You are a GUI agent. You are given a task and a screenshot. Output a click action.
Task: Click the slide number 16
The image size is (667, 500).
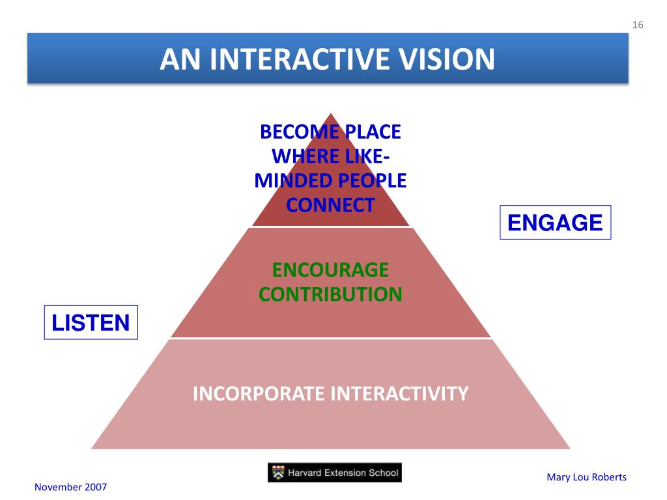[638, 25]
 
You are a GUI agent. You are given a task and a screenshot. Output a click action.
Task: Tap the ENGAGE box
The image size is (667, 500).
[555, 223]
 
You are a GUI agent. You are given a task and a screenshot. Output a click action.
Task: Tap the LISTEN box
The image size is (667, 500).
[91, 322]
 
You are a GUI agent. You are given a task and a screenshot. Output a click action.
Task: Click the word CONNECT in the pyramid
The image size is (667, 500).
[330, 205]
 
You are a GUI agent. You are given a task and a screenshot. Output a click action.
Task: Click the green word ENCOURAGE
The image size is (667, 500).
[330, 270]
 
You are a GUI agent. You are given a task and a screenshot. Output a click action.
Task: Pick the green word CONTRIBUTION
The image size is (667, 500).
[330, 294]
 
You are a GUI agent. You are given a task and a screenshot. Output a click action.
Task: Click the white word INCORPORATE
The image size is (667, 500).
[259, 394]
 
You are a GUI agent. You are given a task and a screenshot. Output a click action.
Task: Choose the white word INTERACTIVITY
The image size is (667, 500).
[399, 394]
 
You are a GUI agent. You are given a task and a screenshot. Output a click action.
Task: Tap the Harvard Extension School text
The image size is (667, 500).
[345, 473]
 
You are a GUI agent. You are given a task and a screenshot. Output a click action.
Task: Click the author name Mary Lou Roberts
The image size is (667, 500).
[586, 477]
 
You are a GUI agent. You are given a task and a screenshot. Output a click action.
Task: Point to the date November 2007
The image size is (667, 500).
[70, 487]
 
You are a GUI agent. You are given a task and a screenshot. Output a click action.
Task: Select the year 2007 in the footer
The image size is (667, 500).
[96, 487]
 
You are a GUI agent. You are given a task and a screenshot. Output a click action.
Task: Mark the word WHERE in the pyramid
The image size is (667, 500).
[296, 156]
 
